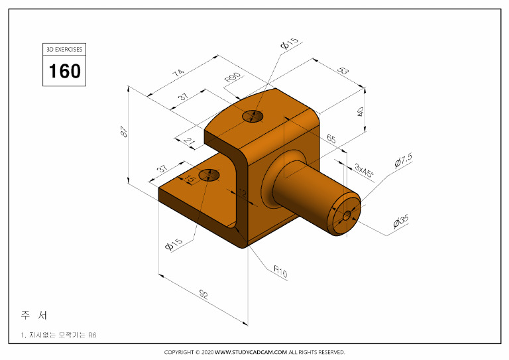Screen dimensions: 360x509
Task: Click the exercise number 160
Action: click(65, 70)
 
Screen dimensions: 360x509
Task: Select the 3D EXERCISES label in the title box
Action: click(65, 50)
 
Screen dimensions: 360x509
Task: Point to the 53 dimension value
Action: click(342, 70)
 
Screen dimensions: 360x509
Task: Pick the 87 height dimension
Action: click(123, 132)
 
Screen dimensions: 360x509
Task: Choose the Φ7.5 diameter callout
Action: click(403, 160)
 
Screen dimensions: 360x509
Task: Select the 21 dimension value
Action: click(188, 141)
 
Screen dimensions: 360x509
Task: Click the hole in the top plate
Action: click(253, 117)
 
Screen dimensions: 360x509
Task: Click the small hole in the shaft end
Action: click(346, 215)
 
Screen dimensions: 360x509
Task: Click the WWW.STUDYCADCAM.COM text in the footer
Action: click(251, 352)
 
